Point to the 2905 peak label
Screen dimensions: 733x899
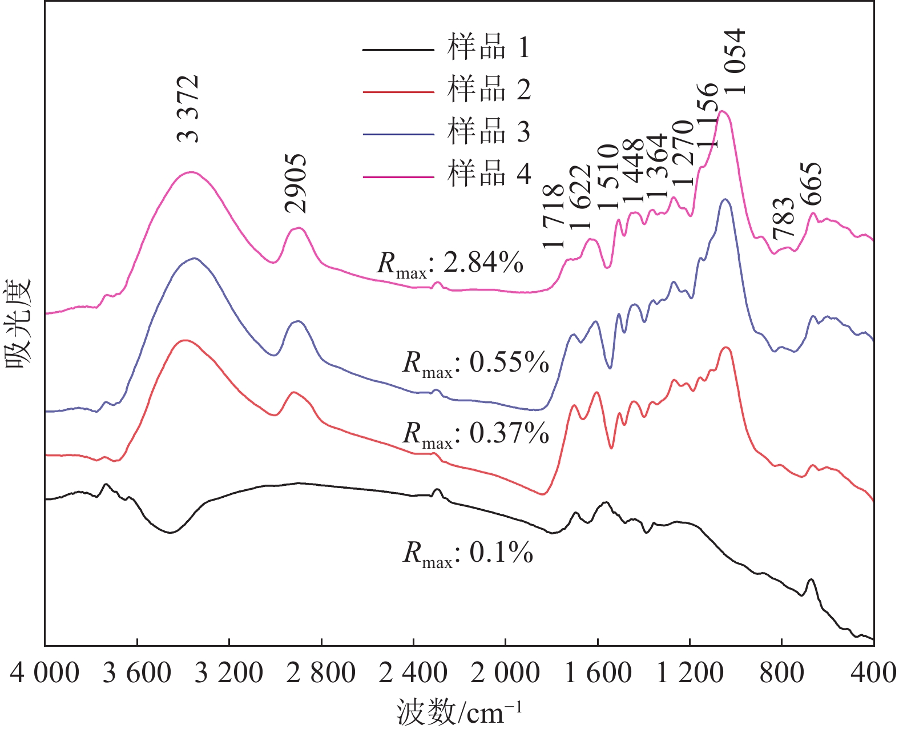click(296, 183)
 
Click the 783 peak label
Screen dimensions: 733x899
click(784, 218)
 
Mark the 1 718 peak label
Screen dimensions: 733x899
click(554, 216)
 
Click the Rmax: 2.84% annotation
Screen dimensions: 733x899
click(450, 264)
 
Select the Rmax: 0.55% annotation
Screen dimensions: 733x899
click(475, 363)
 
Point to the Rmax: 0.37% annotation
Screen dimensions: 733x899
click(475, 434)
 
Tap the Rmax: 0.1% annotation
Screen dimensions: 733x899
click(468, 553)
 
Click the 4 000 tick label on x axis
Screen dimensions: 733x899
click(45, 673)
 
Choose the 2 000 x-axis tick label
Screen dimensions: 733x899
click(505, 673)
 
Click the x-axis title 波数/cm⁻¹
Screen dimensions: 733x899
click(459, 712)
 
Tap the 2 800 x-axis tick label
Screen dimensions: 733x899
click(321, 673)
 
